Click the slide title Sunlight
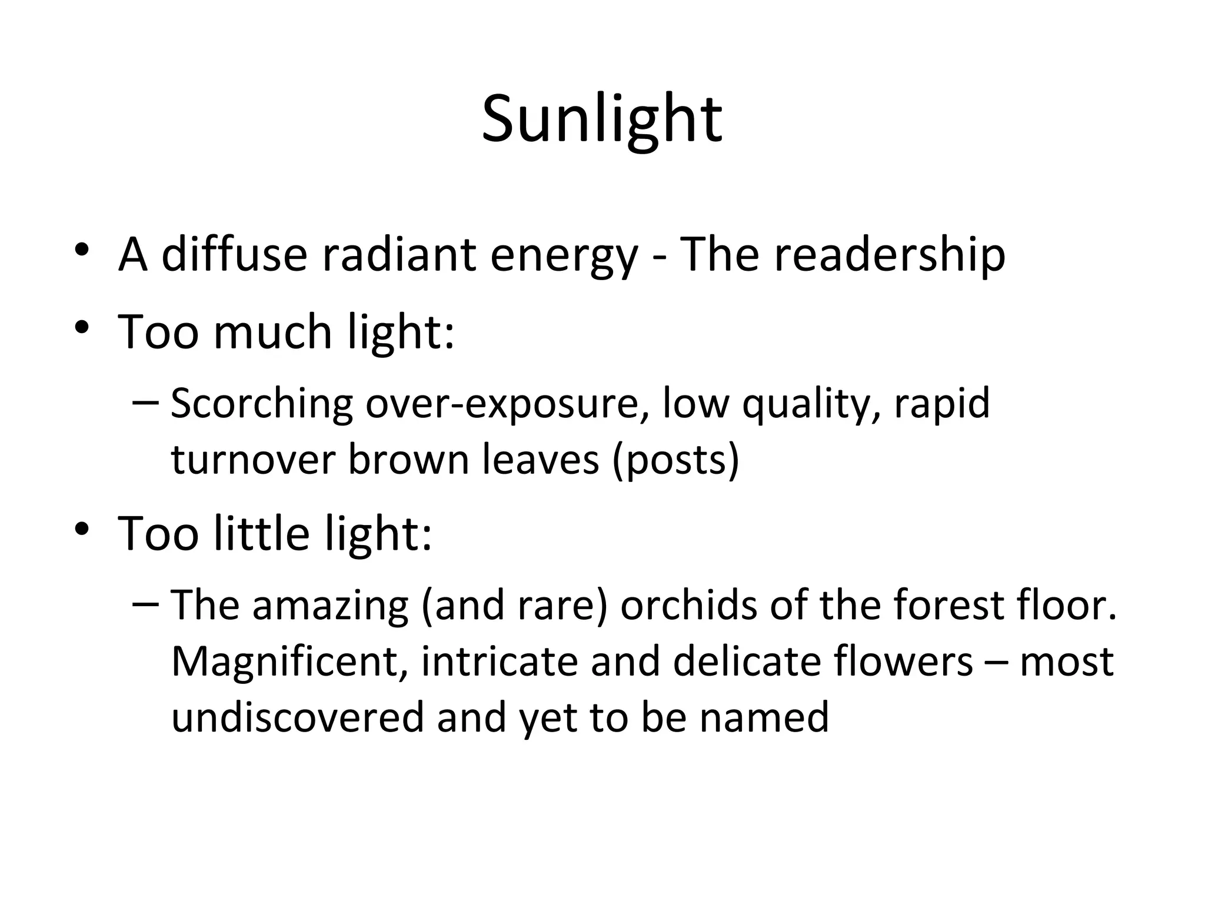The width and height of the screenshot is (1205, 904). pos(602,121)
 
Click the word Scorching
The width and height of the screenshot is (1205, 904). pos(261,405)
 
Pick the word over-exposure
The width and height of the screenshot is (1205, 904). pos(507,405)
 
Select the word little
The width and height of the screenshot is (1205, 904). pos(261,533)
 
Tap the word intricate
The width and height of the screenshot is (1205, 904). pos(499,662)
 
